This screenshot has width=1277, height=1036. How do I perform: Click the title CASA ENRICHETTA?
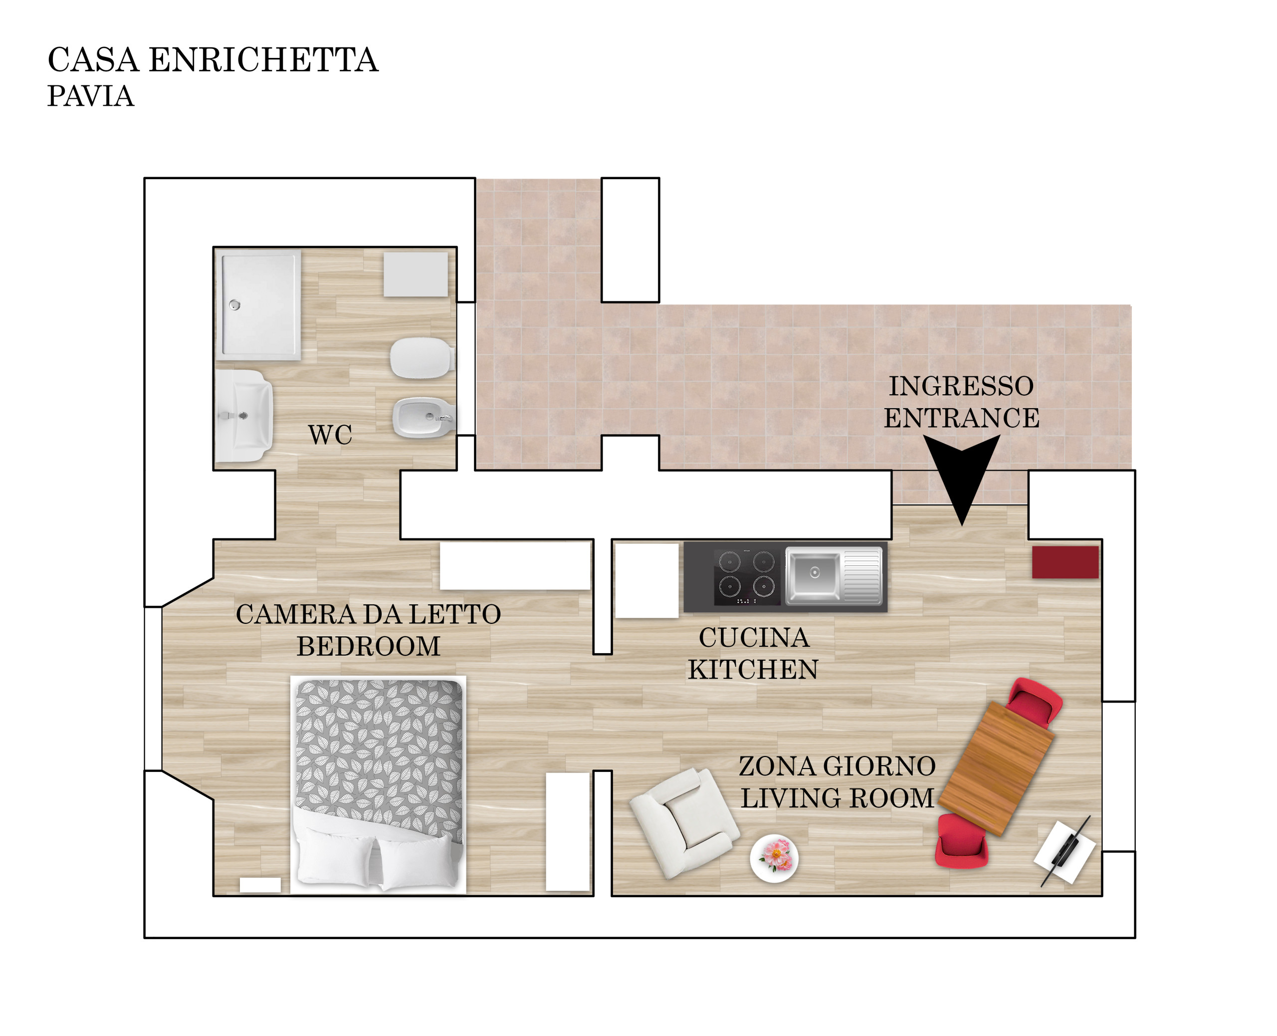point(213,60)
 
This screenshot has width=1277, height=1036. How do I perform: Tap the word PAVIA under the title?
point(91,96)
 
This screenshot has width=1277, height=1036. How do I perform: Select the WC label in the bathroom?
point(330,435)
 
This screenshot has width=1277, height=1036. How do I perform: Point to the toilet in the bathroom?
point(423,358)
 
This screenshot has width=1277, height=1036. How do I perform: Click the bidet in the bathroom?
point(424,418)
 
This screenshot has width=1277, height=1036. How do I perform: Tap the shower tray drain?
point(235,305)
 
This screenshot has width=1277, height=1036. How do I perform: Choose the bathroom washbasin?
point(244,416)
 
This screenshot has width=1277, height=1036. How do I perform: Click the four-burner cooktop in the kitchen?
point(746,577)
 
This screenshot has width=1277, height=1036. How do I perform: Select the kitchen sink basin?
point(813,574)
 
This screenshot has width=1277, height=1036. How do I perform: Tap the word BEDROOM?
point(369,647)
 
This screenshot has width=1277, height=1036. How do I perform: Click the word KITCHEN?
point(753,670)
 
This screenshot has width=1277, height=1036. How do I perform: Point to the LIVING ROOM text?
point(838,798)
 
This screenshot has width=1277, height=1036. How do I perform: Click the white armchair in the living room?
point(685,823)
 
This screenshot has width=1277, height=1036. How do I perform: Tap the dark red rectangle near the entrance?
point(1065,562)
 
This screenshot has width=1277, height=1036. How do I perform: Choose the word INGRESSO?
point(961,386)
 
